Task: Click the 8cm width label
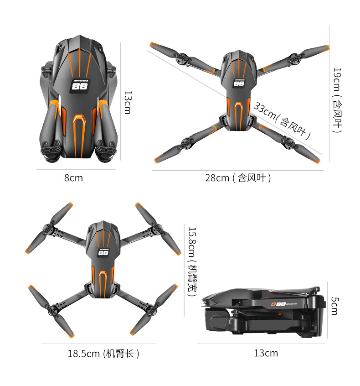73,178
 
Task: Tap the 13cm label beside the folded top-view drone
128,102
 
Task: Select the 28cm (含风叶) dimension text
237,178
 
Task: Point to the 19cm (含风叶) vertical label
337,100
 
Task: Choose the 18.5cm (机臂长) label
103,353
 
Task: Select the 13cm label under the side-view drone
266,353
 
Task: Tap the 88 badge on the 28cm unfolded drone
239,83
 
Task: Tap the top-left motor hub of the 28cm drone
182,59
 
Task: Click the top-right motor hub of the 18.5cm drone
155,229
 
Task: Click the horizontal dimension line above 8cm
76,169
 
